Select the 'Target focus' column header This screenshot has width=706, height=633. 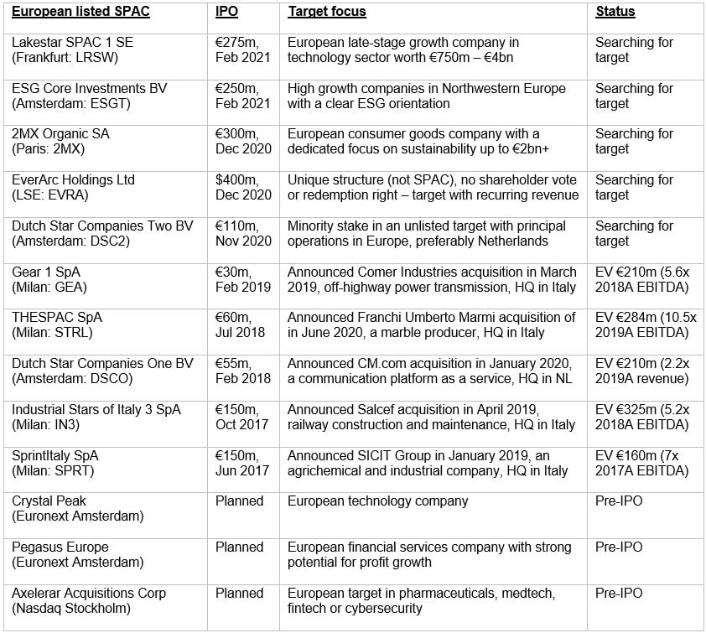[327, 13]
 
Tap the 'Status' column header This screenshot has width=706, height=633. [615, 13]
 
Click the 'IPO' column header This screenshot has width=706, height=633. [226, 13]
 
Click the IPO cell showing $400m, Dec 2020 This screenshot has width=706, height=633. [243, 188]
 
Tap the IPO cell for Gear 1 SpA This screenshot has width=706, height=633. [243, 279]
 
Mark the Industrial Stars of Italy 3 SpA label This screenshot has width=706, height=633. [96, 410]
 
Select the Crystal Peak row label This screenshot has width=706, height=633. [49, 501]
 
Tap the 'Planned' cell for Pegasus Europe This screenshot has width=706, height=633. [239, 547]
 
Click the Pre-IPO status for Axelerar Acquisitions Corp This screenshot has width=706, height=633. [619, 594]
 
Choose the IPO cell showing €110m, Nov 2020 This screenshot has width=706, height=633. [243, 234]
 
